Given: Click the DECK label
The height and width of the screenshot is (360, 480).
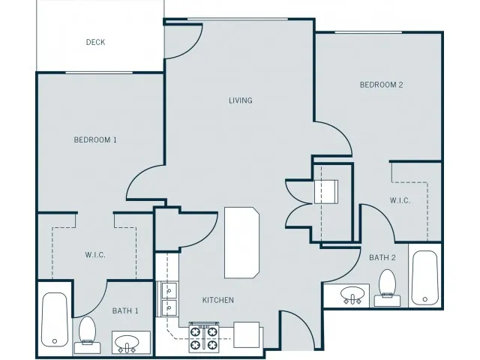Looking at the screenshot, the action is click(x=95, y=42).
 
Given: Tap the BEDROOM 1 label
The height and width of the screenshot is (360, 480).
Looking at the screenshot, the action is click(x=95, y=140).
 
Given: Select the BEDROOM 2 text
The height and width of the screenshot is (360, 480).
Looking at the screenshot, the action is click(x=381, y=85).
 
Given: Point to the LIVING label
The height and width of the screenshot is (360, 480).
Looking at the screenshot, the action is click(x=241, y=100).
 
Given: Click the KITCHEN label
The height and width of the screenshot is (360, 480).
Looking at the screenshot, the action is click(x=218, y=300).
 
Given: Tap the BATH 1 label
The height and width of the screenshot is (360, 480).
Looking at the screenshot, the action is click(x=125, y=311).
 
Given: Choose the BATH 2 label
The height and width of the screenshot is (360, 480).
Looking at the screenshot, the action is click(x=382, y=258).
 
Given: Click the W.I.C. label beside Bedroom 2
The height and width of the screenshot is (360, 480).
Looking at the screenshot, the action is click(x=400, y=200).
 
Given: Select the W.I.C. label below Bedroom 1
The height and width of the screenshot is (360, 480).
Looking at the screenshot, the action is click(x=95, y=255).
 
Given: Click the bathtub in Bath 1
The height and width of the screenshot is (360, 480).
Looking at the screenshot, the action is click(x=55, y=319).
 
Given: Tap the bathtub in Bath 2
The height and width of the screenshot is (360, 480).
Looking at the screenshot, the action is click(x=424, y=278).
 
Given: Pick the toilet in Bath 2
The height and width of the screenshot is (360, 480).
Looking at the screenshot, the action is click(x=387, y=288).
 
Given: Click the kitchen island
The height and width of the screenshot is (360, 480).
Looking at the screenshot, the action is click(x=241, y=243).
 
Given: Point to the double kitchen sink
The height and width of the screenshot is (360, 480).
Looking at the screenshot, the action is click(x=169, y=299).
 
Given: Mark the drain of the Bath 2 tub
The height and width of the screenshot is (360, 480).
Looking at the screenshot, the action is click(x=425, y=299).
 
